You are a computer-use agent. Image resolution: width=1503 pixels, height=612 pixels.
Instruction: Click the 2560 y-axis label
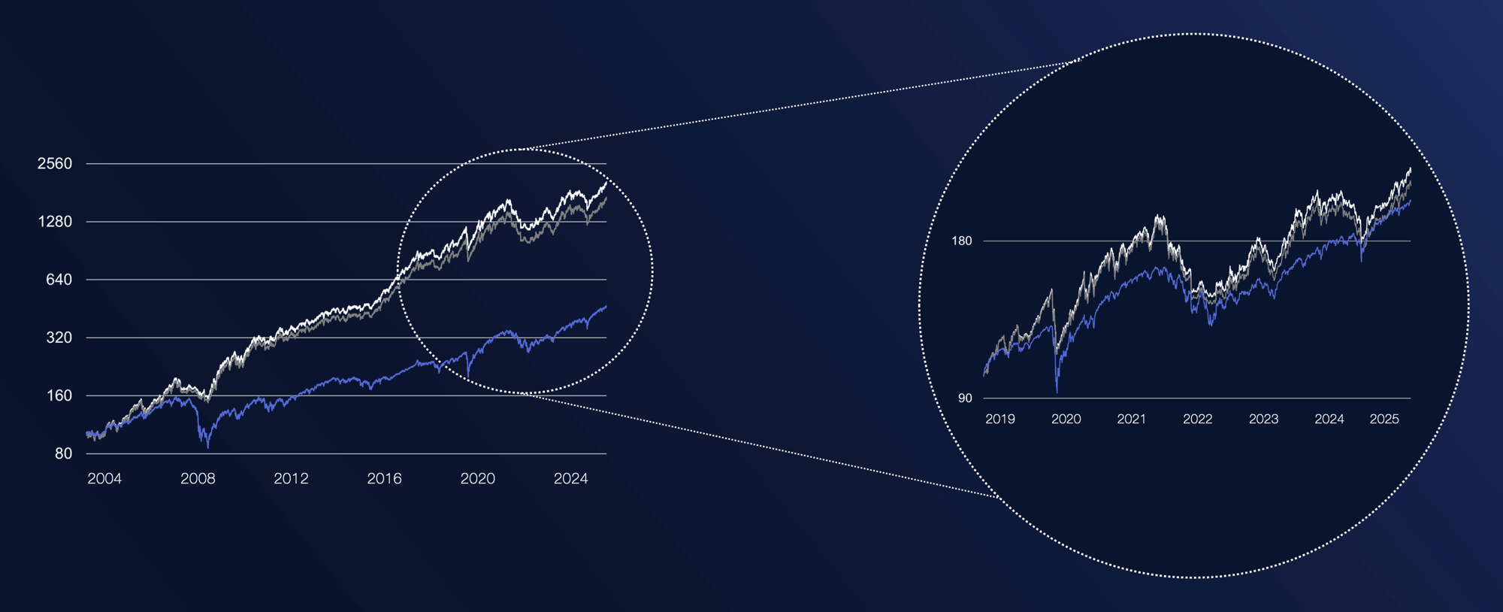[x=55, y=164]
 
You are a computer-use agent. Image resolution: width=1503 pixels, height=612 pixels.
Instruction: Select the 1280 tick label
[x=55, y=222]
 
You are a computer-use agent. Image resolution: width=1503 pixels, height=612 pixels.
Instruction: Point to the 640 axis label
[x=59, y=280]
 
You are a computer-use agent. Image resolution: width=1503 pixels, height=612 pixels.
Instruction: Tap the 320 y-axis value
[x=59, y=338]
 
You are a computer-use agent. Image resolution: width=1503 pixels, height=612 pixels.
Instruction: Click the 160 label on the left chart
[x=59, y=395]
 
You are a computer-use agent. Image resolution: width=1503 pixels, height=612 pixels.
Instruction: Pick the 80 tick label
[x=63, y=453]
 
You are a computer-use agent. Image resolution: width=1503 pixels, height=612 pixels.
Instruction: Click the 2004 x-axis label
[x=104, y=479]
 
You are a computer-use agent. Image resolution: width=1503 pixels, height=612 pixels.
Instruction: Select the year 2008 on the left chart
[x=198, y=479]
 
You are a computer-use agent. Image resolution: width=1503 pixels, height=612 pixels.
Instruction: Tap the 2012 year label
[x=291, y=479]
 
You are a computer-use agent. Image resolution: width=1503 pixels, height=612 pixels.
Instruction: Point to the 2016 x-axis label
[x=384, y=479]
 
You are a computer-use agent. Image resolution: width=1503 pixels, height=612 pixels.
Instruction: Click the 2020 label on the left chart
[x=477, y=479]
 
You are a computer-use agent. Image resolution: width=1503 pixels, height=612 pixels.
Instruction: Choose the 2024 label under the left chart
[x=570, y=479]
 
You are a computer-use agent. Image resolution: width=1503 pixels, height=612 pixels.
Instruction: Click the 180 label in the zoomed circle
[x=962, y=241]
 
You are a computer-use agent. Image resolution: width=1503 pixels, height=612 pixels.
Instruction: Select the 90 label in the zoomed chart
[x=965, y=398]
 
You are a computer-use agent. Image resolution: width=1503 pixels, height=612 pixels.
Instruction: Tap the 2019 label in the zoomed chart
[x=1000, y=420]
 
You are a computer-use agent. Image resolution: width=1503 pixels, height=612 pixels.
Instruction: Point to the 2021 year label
[x=1132, y=420]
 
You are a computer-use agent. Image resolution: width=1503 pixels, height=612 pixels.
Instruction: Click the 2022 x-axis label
[x=1198, y=420]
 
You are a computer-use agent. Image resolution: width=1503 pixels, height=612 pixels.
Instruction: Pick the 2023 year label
[x=1263, y=420]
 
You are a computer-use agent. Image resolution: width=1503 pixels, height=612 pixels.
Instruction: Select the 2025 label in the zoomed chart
[x=1384, y=420]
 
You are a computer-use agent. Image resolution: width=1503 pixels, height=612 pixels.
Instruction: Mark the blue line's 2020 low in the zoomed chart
[x=1057, y=391]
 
